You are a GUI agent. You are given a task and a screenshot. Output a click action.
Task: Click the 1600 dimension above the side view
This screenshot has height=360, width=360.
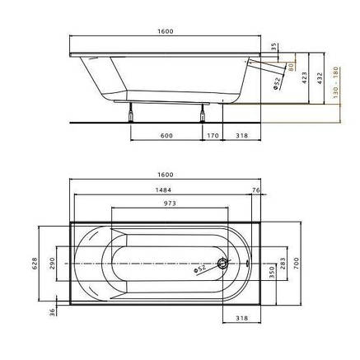[x=166, y=31]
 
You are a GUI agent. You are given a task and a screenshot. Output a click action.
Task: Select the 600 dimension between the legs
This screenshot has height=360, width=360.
[x=166, y=136]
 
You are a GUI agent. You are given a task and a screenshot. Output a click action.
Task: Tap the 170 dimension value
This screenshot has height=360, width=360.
[x=213, y=136]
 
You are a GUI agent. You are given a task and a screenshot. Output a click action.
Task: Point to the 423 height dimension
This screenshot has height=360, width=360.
[x=305, y=78]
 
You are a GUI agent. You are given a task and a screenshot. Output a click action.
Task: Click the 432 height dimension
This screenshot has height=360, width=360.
[x=320, y=78]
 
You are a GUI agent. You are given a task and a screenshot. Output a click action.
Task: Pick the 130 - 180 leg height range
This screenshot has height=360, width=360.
[x=335, y=82]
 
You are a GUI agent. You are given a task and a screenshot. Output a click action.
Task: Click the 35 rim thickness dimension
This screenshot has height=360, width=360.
[x=274, y=46]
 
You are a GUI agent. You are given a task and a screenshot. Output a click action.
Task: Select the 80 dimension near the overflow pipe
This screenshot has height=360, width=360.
[x=292, y=67]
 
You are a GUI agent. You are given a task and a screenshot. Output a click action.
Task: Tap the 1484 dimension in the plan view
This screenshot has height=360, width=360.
[x=163, y=189]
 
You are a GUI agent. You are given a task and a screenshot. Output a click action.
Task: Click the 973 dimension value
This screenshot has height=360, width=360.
[x=170, y=203]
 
